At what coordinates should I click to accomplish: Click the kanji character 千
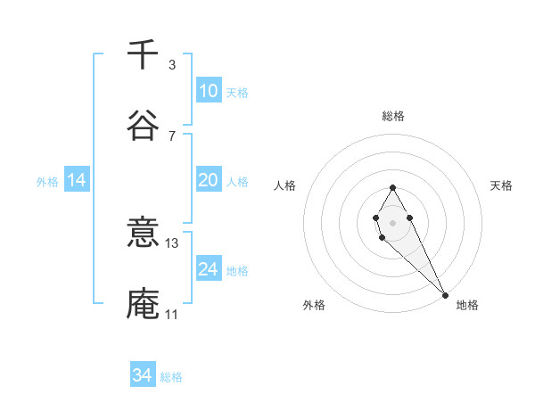click(x=143, y=55)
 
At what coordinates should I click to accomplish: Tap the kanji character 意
click(x=143, y=234)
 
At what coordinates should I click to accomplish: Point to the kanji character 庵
click(x=143, y=303)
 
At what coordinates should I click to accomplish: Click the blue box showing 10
click(x=208, y=91)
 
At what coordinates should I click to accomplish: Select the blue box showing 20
click(x=208, y=180)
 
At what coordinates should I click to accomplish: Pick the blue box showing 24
click(x=208, y=269)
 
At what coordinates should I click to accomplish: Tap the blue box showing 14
click(x=77, y=180)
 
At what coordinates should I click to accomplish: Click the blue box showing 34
click(x=143, y=375)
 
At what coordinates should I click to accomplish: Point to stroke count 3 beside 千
click(x=171, y=65)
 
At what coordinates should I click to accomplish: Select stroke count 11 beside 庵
click(x=171, y=315)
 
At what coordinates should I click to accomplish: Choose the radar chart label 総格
click(x=393, y=116)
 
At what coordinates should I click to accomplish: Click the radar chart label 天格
click(x=501, y=185)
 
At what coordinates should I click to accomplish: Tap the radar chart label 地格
click(x=467, y=305)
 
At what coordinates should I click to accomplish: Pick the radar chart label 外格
click(x=314, y=305)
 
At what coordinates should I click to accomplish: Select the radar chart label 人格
click(x=285, y=185)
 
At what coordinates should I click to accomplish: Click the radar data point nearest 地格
click(x=444, y=294)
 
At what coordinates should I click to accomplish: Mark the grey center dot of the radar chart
click(x=392, y=221)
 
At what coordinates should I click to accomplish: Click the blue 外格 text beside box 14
click(x=47, y=181)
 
